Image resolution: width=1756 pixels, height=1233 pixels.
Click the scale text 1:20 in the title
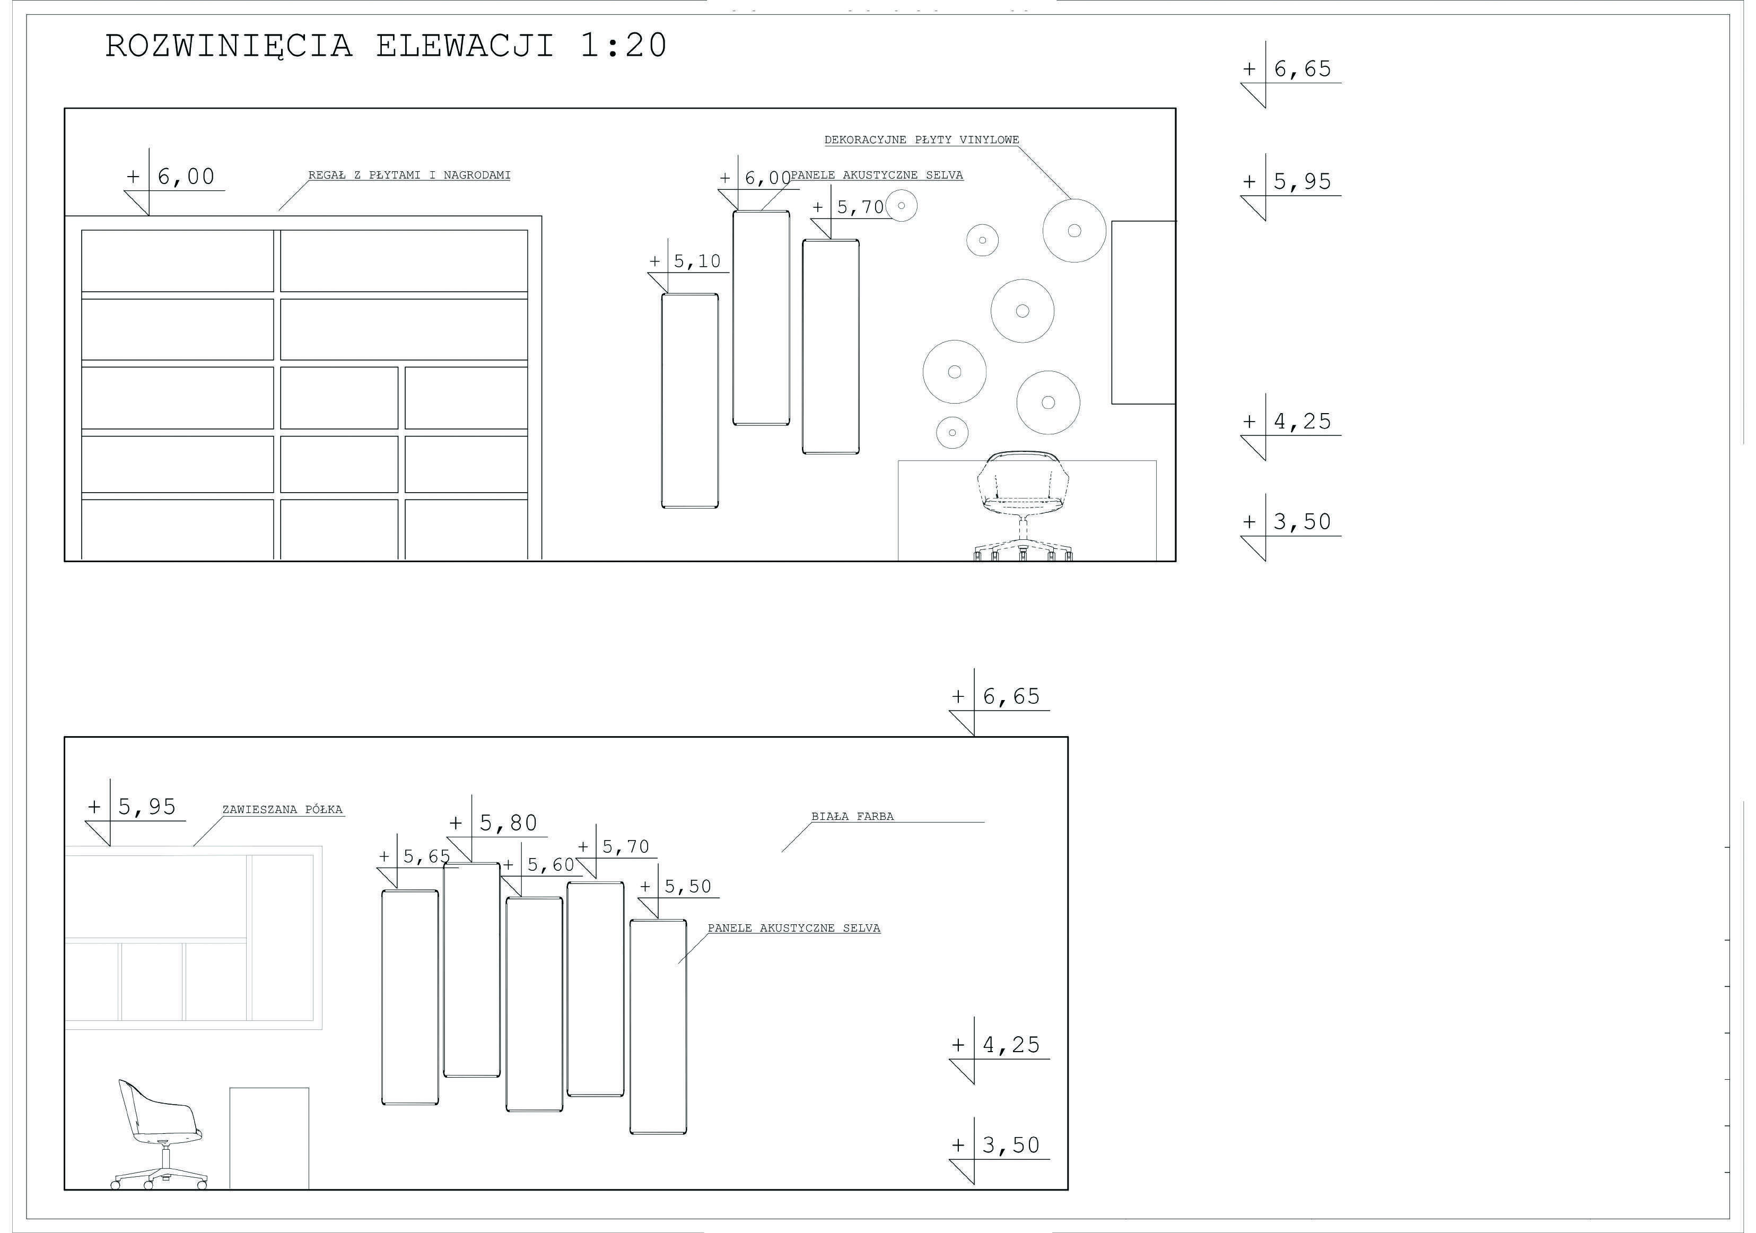point(623,46)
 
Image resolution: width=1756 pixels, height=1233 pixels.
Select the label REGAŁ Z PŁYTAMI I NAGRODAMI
point(409,175)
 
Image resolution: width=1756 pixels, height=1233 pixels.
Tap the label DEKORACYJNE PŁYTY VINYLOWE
point(922,140)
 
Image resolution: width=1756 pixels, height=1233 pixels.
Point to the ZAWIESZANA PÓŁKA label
point(282,809)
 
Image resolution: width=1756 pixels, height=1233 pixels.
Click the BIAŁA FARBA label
point(853,816)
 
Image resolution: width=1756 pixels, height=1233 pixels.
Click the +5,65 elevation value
point(415,856)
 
